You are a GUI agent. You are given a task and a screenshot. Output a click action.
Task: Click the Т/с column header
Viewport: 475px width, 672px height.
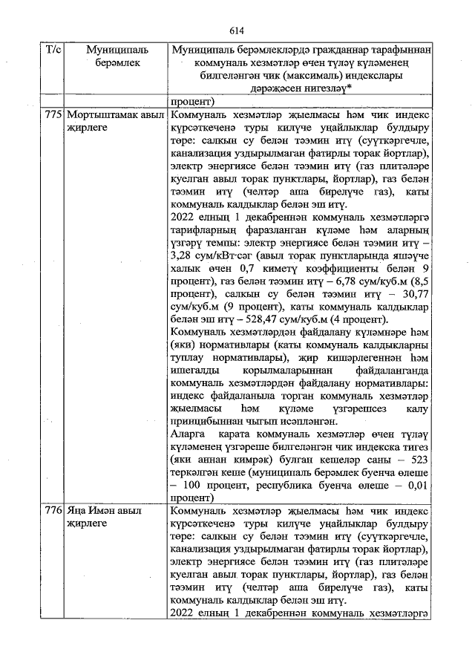click(53, 50)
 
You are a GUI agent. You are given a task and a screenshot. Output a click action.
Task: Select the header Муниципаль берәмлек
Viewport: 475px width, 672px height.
click(117, 56)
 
